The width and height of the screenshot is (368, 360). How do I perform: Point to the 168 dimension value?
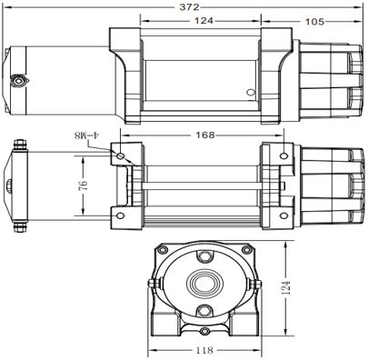[205, 135]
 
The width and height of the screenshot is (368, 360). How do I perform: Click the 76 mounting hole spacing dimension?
[83, 185]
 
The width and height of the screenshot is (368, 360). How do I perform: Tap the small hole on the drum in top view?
[253, 92]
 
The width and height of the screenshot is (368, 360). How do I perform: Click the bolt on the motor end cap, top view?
[16, 79]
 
